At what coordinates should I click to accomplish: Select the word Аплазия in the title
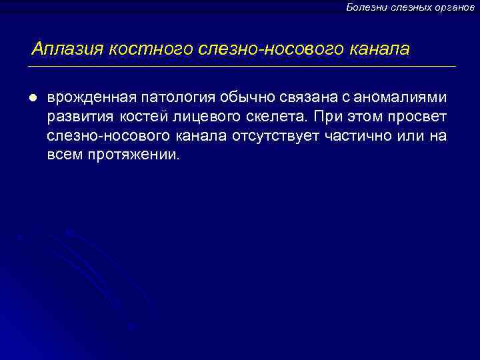[68, 49]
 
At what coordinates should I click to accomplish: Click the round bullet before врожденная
[32, 98]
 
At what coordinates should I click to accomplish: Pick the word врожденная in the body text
[87, 98]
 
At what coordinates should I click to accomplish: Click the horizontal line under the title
[240, 67]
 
